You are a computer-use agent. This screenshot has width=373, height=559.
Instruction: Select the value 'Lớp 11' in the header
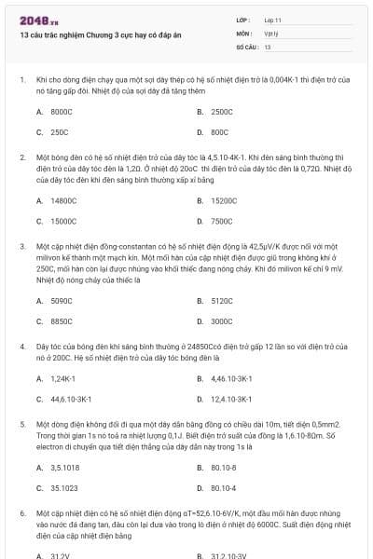[x=273, y=19]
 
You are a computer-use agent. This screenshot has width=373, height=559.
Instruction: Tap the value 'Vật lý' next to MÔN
[x=271, y=32]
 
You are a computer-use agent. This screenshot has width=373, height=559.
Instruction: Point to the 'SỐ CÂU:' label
[x=246, y=46]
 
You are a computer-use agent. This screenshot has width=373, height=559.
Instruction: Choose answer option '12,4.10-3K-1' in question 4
[x=229, y=400]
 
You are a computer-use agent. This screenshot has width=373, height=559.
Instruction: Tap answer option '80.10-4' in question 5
[x=224, y=488]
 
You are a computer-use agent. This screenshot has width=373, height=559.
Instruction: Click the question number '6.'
[x=22, y=513]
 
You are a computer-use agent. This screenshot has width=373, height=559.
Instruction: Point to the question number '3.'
[x=22, y=246]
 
